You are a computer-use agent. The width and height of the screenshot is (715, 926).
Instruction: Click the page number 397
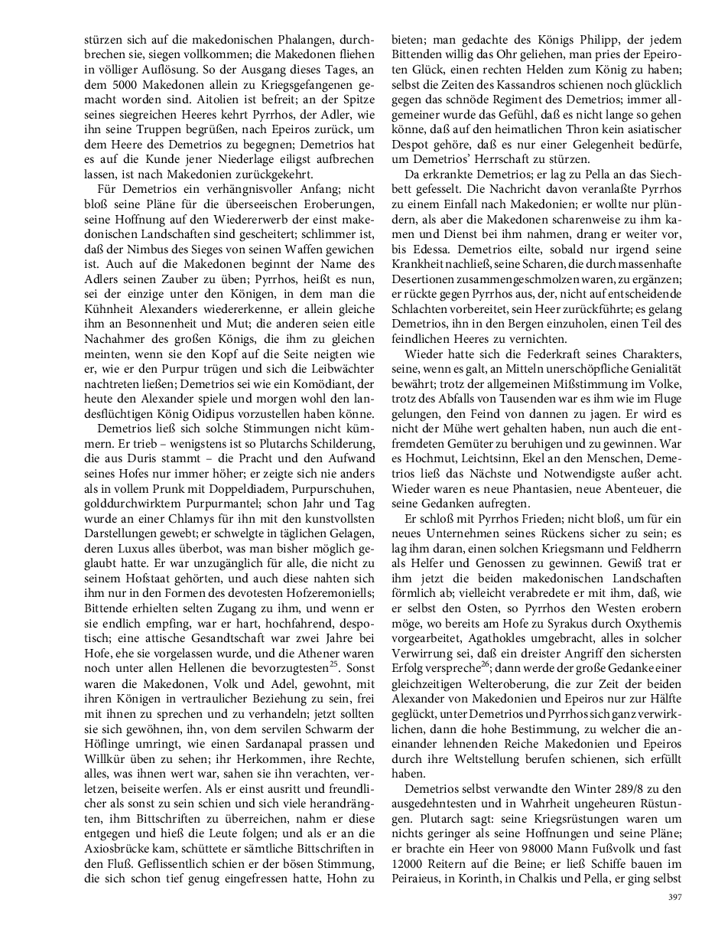point(674,898)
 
